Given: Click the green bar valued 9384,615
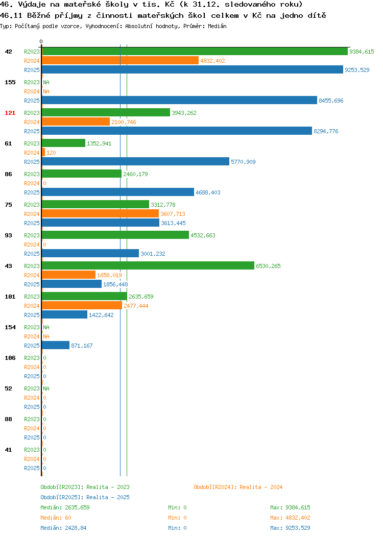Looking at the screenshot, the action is pos(195,52).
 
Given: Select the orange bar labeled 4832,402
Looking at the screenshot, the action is pos(120,61).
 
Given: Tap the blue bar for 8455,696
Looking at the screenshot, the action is pos(180,101).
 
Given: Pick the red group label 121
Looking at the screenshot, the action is pos(10,113).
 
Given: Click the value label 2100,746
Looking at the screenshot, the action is pos(124,123).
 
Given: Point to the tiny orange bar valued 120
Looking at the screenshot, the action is pos(43,153).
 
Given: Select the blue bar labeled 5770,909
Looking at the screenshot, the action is pos(135,162).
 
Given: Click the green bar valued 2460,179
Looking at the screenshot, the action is pos(82,174).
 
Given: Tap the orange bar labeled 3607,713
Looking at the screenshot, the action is pos(101,214).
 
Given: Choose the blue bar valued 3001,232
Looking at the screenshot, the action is pos(90,253).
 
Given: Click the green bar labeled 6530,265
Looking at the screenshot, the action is pos(148,266).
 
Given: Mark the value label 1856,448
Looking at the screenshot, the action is pos(115,285).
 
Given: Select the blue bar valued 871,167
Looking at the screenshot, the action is pos(56,345).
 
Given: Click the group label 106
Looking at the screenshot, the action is pos(10,358).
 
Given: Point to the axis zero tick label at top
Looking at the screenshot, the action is pos(41,41).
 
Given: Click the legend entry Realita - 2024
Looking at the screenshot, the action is pos(238,487).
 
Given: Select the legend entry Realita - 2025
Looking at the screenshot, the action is pos(85,497).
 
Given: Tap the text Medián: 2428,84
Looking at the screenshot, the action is pos(63,528).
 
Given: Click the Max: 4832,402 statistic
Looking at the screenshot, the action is pos(290,518).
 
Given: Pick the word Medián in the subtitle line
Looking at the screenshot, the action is pos(217,26).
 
